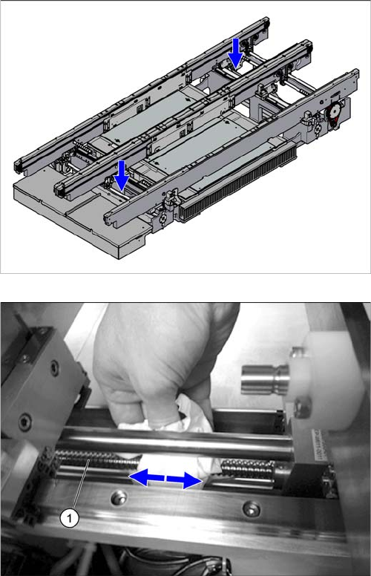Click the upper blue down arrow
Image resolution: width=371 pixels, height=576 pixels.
click(x=235, y=53)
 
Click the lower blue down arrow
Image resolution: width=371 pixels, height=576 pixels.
click(x=122, y=176)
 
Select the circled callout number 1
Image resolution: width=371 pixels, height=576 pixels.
click(x=70, y=518)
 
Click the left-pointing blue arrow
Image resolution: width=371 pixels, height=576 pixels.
click(x=147, y=477)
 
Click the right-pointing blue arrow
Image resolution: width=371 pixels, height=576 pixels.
click(x=185, y=480)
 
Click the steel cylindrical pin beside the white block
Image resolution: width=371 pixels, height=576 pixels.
click(x=263, y=380)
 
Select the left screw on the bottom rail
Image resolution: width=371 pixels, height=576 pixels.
click(x=119, y=499)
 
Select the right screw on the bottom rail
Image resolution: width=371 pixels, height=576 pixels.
click(x=252, y=510)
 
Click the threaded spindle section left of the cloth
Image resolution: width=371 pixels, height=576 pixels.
click(x=97, y=459)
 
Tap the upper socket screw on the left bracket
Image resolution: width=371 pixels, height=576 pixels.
click(x=54, y=367)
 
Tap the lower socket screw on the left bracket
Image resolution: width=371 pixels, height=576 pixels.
click(x=25, y=422)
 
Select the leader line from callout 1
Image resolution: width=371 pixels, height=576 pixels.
click(x=82, y=485)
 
